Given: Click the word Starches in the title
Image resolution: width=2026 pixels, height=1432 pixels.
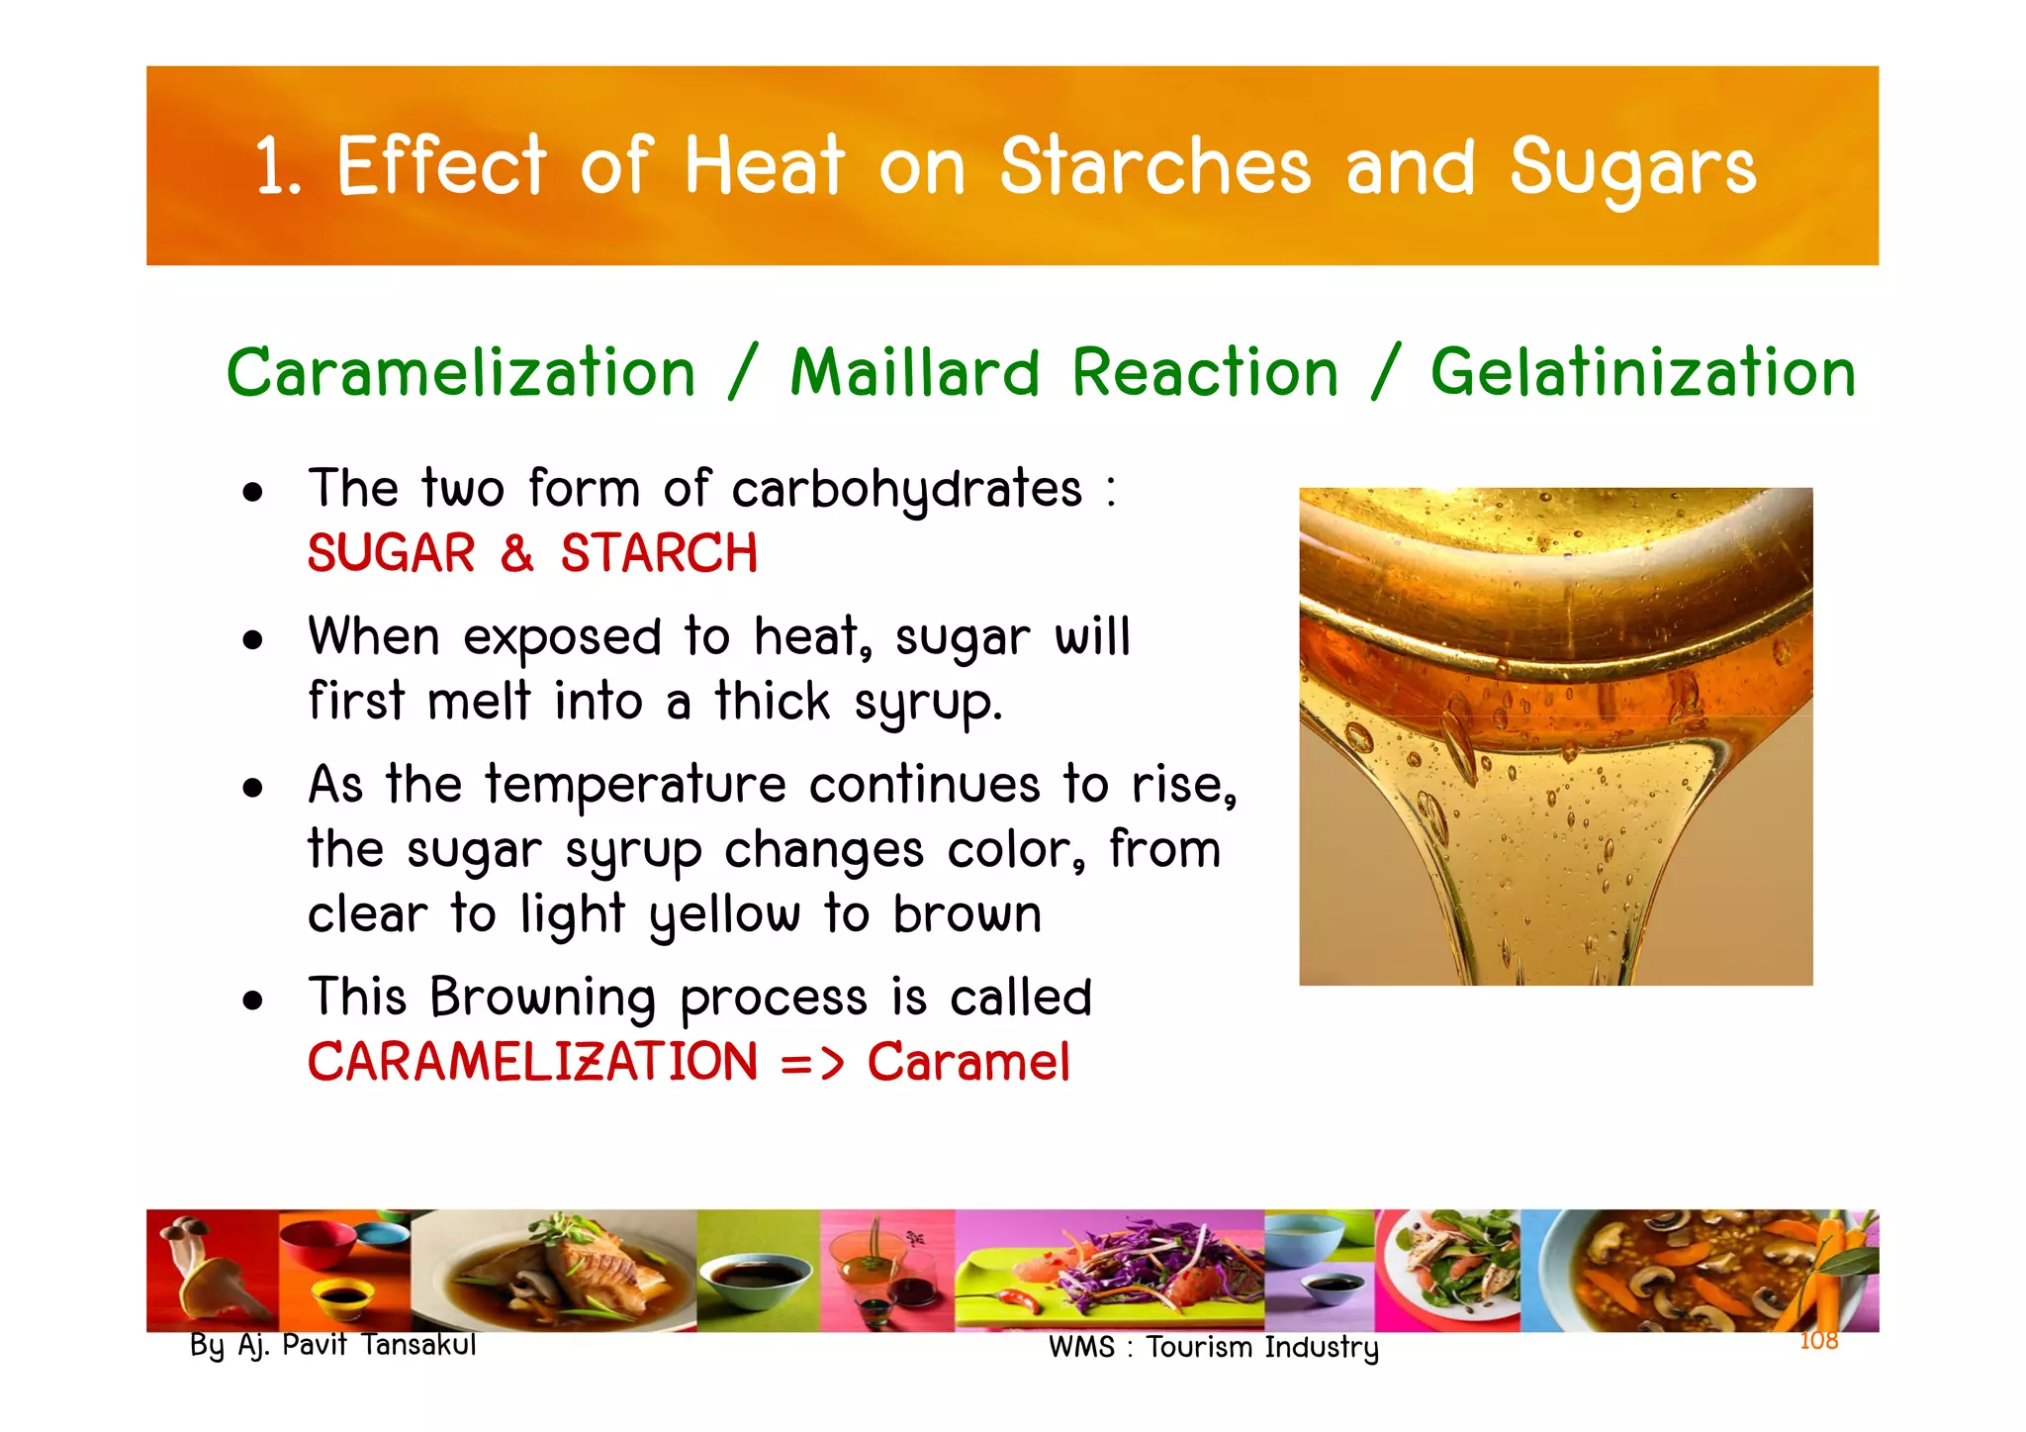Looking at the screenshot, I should (1154, 166).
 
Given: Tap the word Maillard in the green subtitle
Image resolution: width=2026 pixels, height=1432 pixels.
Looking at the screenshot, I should (914, 373).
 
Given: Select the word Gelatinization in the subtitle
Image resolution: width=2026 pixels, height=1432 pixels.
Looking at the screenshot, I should (1642, 373).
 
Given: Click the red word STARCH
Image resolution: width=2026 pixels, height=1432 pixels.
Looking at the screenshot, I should (659, 553).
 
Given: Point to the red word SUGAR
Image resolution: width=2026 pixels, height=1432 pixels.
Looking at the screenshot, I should (392, 553).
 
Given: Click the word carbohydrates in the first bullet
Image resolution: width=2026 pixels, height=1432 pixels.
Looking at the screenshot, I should (907, 490).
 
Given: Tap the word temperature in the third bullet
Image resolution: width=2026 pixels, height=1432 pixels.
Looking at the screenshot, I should (635, 785).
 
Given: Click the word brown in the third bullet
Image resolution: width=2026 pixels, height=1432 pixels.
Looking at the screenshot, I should (967, 914).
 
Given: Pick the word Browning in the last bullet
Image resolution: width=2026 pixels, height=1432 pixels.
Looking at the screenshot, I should (542, 998).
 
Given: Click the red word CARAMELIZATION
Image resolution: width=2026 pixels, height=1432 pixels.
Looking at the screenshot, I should (532, 1062).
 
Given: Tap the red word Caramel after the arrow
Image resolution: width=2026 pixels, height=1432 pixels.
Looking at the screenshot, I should (968, 1062).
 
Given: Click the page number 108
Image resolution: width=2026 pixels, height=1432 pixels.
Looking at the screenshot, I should (1818, 1341).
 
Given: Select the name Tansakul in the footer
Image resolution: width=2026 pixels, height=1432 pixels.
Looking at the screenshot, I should (418, 1345).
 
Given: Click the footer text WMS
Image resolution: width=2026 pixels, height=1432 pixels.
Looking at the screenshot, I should (1081, 1348).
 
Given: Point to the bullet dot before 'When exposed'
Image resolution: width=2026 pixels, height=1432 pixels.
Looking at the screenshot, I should (253, 640).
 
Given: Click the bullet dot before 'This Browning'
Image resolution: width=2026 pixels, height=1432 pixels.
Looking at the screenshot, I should (253, 1001).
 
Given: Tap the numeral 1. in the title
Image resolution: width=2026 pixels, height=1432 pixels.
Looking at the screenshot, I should (277, 166).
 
